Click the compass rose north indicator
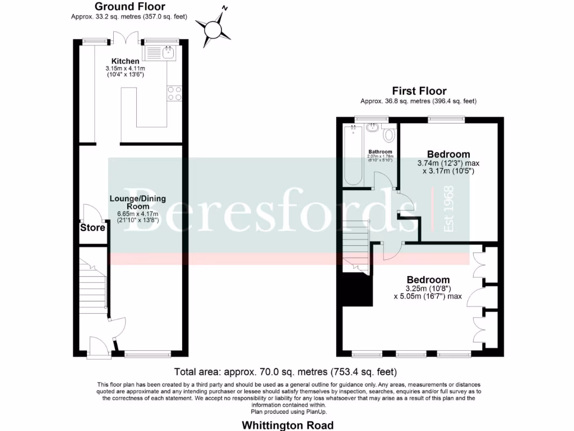point(214,27)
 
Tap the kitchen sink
point(161,53)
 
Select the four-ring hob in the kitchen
point(174,93)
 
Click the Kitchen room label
point(125,61)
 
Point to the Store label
point(92,228)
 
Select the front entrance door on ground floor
point(96,345)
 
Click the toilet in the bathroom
point(388,135)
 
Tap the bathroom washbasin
point(372,127)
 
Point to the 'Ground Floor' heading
point(129,7)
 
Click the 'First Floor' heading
point(419,91)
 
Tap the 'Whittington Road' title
point(288,425)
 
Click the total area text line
point(286,372)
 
